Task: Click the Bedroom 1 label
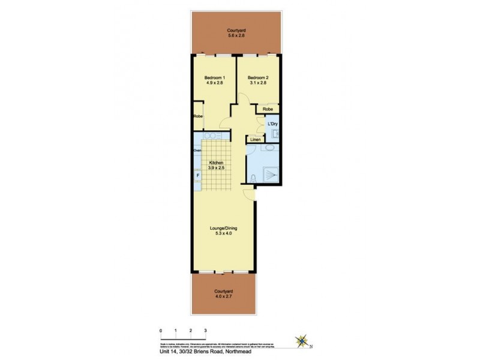[x=214, y=78]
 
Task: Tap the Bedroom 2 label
[x=258, y=78]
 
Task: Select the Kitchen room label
[x=217, y=163]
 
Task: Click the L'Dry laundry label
[x=273, y=124]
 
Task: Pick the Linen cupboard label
[x=255, y=140]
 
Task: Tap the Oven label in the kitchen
[x=197, y=150]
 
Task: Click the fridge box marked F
[x=197, y=175]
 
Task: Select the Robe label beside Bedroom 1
[x=197, y=116]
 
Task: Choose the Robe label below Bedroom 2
[x=268, y=109]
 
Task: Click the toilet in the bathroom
[x=254, y=177]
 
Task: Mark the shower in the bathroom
[x=271, y=174]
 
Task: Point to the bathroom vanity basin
[x=269, y=148]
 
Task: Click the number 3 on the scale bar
[x=205, y=331]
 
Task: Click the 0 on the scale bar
[x=161, y=331]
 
